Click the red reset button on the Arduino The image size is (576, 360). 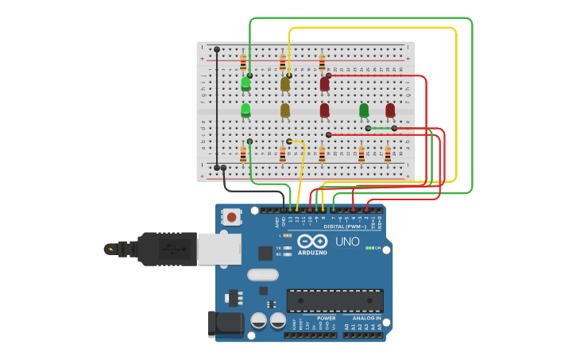232,216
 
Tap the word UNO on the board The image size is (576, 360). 347,242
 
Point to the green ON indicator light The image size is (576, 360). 369,248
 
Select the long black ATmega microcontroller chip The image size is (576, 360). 334,300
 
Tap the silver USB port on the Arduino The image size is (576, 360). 218,249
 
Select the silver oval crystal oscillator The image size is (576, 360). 263,275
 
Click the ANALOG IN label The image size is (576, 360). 366,319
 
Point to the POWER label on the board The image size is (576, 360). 327,319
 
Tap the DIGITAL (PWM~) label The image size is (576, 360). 345,226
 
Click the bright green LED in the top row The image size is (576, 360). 245,83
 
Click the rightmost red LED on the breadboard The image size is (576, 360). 390,110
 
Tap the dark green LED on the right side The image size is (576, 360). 364,110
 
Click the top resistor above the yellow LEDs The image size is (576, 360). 283,61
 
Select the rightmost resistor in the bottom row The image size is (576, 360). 388,153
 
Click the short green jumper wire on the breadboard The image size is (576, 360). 381,128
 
